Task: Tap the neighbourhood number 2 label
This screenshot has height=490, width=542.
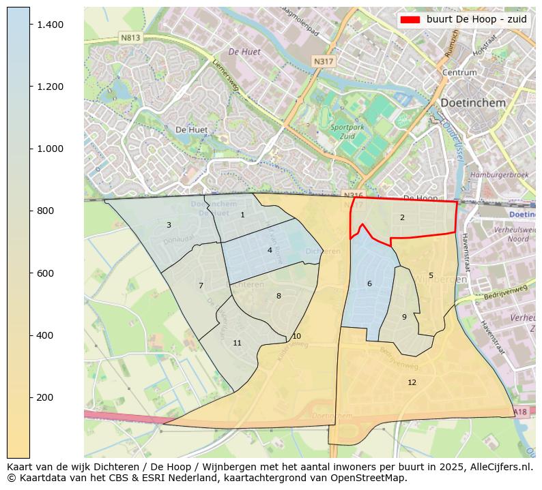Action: click(x=402, y=217)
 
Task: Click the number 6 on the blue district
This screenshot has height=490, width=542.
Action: click(x=369, y=284)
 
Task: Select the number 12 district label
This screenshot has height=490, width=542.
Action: click(x=412, y=382)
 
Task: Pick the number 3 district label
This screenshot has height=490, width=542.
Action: click(x=169, y=225)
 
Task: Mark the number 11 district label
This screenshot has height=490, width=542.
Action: click(x=237, y=343)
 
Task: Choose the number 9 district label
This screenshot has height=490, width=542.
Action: click(x=404, y=317)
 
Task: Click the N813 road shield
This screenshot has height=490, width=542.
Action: click(x=130, y=38)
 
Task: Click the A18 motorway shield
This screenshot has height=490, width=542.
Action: click(x=519, y=412)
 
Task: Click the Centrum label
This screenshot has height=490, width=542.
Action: click(x=459, y=72)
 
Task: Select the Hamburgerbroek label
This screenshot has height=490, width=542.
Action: click(x=500, y=175)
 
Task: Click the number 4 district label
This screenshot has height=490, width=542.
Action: click(x=270, y=250)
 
